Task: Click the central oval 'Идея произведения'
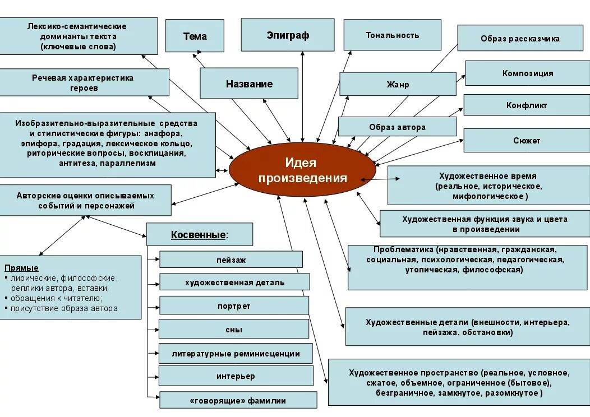pyautogui.click(x=301, y=170)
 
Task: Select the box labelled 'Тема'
pyautogui.click(x=195, y=36)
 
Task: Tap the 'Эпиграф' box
pyautogui.click(x=288, y=35)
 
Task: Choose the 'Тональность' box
pyautogui.click(x=392, y=35)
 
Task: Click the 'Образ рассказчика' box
pyautogui.click(x=520, y=39)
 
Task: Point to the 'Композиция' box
pyautogui.click(x=527, y=73)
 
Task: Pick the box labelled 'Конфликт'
pyautogui.click(x=526, y=105)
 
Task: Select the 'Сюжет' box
pyautogui.click(x=526, y=141)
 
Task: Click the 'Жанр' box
pyautogui.click(x=398, y=85)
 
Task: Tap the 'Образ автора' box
pyautogui.click(x=397, y=127)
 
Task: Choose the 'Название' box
pyautogui.click(x=249, y=84)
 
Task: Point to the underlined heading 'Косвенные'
pyautogui.click(x=199, y=234)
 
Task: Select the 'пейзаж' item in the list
pyautogui.click(x=231, y=260)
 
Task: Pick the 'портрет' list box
pyautogui.click(x=234, y=305)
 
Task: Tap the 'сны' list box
pyautogui.click(x=233, y=329)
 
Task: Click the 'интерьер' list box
pyautogui.click(x=236, y=376)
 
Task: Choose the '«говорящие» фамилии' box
pyautogui.click(x=238, y=400)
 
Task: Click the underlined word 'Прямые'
pyautogui.click(x=21, y=267)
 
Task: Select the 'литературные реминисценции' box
pyautogui.click(x=236, y=353)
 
